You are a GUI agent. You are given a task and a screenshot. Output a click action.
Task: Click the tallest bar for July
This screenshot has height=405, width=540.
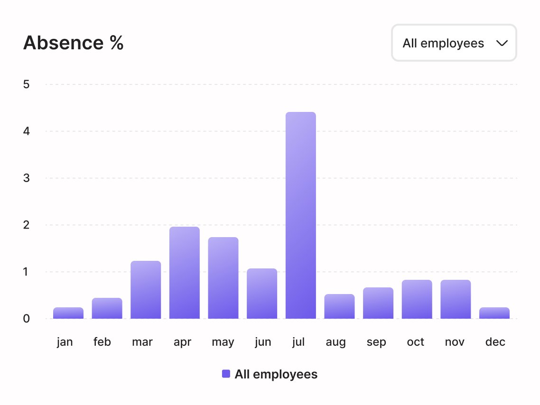(300, 216)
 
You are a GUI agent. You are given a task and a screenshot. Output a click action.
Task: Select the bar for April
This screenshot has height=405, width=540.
(185, 273)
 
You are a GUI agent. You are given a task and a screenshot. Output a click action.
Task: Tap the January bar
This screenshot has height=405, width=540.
(68, 313)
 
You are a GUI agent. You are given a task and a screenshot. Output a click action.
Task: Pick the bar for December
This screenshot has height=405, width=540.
(494, 313)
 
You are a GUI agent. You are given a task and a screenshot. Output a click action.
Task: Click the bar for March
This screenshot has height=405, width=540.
(146, 290)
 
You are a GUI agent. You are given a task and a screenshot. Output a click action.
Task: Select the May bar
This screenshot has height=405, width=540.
(223, 278)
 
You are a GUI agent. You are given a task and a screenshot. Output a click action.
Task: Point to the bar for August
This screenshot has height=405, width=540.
(339, 307)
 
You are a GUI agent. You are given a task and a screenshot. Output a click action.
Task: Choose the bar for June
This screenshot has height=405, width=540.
(262, 294)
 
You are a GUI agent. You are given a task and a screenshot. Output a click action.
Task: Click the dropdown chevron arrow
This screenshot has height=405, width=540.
(502, 43)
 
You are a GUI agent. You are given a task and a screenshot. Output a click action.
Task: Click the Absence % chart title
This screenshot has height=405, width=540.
(74, 43)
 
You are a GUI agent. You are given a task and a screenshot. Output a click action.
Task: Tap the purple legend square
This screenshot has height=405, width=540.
(226, 374)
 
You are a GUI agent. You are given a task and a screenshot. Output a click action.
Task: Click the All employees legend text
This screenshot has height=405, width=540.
(276, 374)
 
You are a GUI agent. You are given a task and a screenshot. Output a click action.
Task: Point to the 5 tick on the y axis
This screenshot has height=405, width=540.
(26, 84)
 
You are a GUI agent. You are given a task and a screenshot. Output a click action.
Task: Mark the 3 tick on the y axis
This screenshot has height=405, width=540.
(26, 178)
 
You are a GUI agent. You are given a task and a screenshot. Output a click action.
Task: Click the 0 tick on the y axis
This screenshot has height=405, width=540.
(26, 319)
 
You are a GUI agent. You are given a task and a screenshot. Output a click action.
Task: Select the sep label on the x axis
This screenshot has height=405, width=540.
(376, 342)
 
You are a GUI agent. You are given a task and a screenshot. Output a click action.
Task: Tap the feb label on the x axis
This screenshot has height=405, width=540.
(102, 342)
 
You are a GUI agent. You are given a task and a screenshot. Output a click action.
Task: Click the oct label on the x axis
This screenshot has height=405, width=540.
(416, 342)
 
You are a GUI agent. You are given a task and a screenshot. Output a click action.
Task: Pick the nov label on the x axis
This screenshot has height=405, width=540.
(455, 342)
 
